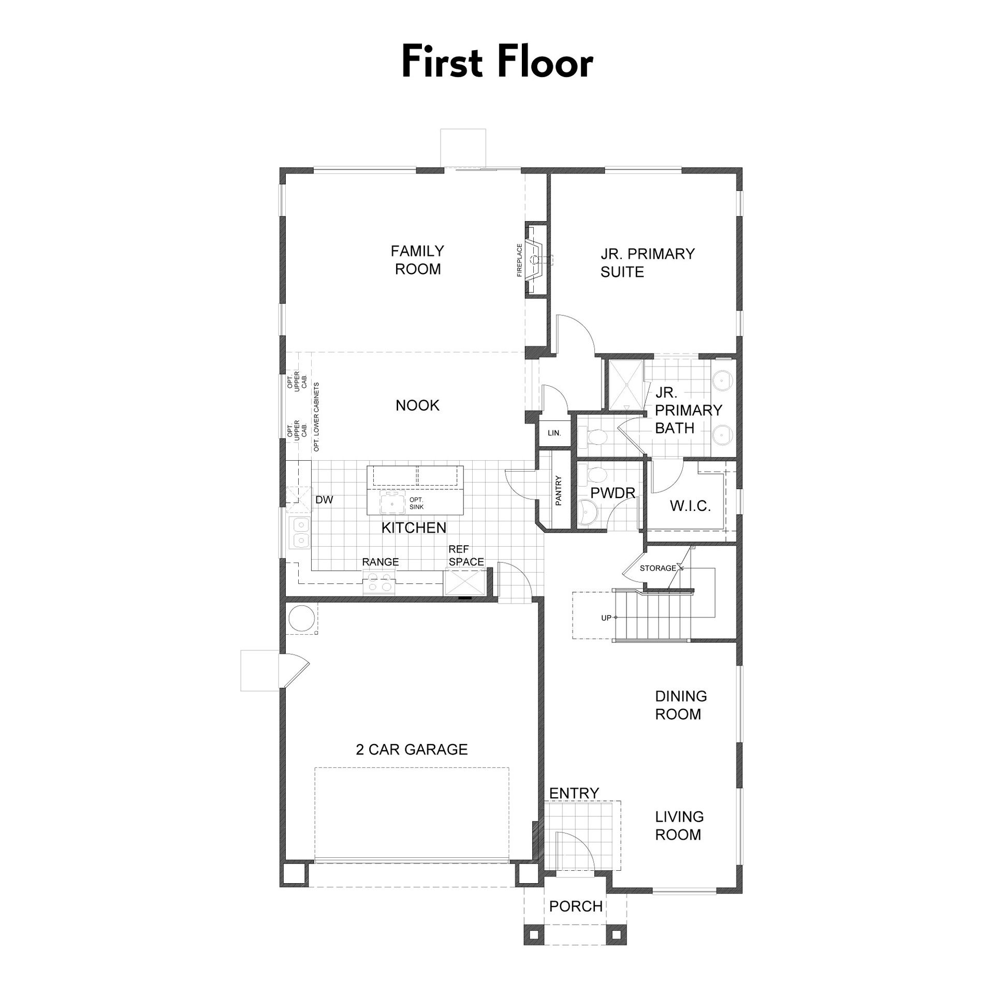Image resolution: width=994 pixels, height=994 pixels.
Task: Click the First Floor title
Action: [x=497, y=62]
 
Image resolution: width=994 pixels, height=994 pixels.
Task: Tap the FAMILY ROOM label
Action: [x=417, y=260]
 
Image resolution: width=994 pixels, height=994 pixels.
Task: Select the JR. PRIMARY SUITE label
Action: [x=647, y=263]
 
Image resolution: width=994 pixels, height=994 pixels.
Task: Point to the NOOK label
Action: [x=417, y=405]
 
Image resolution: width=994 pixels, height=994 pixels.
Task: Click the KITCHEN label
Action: [x=414, y=528]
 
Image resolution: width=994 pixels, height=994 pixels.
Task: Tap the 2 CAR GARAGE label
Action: [x=412, y=749]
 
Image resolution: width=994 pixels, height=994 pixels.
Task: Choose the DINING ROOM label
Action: [x=681, y=705]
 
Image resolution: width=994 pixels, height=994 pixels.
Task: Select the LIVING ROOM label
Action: [x=679, y=826]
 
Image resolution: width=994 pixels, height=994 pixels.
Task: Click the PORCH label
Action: [x=576, y=907]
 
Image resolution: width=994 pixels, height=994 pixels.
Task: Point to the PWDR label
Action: [x=613, y=493]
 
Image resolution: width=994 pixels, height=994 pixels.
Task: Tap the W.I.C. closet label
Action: [x=690, y=506]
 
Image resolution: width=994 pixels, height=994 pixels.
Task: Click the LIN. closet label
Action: [x=554, y=433]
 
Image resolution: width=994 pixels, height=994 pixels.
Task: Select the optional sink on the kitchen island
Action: [x=392, y=503]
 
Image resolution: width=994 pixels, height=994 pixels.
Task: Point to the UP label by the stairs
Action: [x=606, y=618]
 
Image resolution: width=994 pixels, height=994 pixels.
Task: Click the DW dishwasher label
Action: [x=324, y=500]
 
